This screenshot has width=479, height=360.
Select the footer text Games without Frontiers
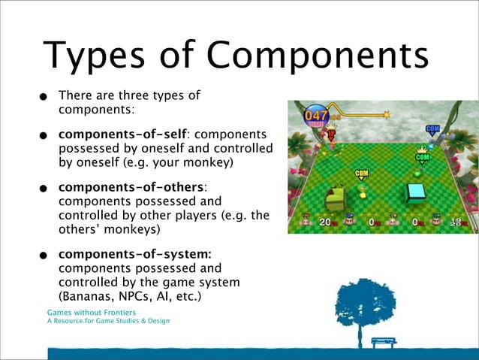pos(90,311)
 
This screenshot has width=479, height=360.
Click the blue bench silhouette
pos(384,341)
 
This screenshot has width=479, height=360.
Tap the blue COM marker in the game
pos(432,129)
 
